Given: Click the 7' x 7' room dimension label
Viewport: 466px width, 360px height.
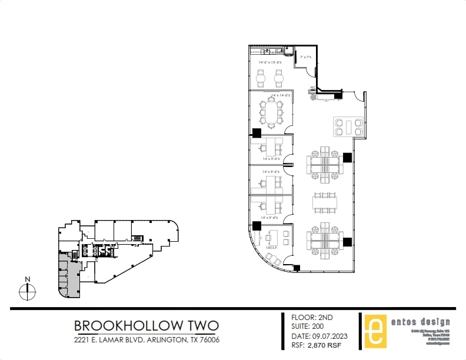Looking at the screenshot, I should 305,58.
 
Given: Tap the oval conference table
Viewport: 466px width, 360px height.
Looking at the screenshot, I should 271,112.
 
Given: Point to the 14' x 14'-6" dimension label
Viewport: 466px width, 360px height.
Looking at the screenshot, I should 281,95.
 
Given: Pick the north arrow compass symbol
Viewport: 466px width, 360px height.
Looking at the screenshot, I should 26,289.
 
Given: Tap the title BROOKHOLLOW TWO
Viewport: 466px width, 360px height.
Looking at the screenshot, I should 147,325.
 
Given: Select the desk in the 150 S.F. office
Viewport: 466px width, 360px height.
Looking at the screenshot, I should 271,236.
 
